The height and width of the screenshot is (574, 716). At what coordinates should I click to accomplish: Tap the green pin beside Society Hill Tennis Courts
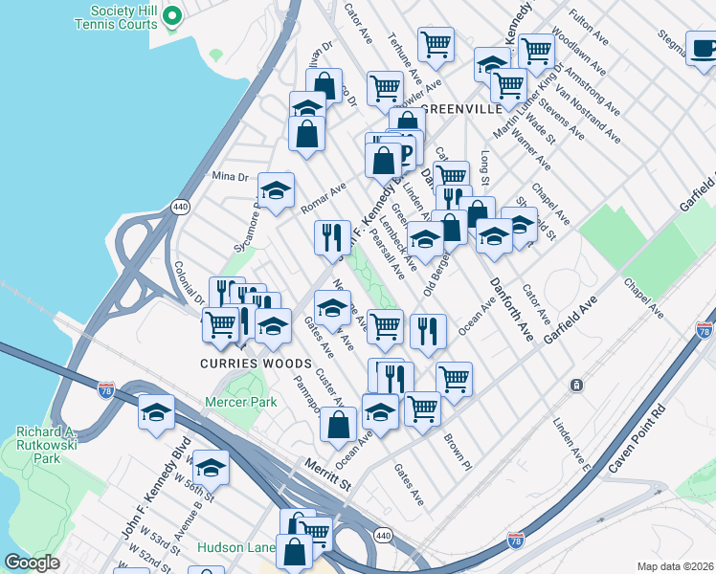172,15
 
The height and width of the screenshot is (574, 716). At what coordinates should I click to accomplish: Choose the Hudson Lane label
235,548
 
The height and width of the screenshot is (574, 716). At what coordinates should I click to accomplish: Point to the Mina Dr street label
229,177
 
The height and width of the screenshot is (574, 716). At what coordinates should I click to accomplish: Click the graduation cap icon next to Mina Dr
275,190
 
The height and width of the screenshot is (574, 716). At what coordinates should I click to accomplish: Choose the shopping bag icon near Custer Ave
337,425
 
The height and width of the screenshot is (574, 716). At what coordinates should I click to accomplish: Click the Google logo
33,563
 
